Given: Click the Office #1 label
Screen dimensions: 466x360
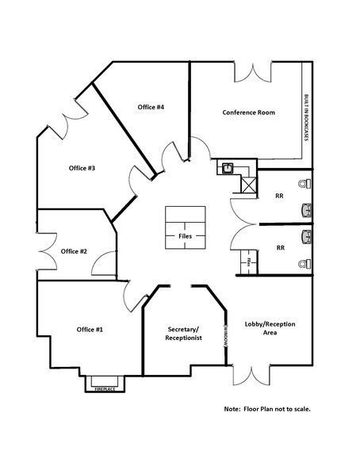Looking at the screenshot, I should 90,329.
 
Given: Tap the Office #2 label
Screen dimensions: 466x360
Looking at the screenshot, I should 74,251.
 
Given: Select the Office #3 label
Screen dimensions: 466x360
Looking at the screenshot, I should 82,168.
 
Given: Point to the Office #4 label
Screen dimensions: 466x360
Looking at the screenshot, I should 150,107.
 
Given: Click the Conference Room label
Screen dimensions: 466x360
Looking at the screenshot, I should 249,113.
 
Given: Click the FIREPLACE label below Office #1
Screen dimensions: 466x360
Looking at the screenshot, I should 105,390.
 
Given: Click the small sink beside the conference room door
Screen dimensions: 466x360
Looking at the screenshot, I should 227,168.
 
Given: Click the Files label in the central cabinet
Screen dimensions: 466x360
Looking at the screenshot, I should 185,236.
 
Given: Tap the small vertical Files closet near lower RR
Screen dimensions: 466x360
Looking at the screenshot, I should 249,261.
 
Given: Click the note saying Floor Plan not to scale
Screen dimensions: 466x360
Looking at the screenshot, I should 266,409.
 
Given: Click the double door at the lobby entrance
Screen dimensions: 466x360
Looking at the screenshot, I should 254,373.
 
